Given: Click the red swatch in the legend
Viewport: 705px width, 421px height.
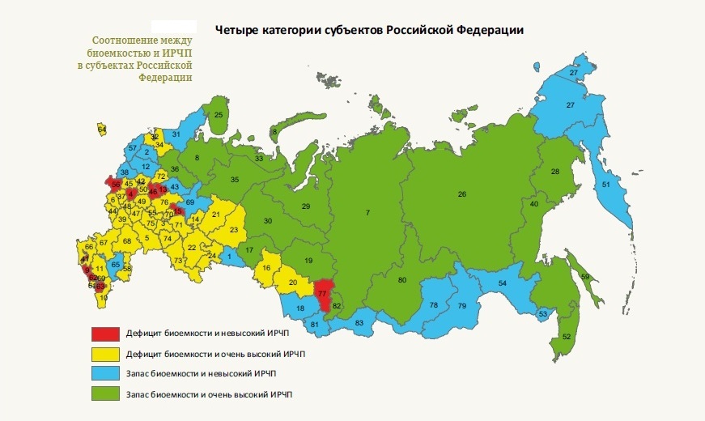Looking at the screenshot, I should [104, 334].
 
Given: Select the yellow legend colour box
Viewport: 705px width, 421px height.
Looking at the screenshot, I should [104, 354].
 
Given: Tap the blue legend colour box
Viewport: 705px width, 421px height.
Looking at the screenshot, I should [104, 374].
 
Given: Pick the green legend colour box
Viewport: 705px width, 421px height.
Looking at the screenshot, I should [104, 394].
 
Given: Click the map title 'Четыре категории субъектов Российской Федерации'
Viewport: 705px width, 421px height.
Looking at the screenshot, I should [371, 31].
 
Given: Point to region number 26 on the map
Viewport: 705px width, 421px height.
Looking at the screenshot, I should [462, 194].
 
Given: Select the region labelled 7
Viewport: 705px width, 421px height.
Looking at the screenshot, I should [367, 212].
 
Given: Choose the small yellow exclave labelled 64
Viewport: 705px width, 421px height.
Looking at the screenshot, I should [102, 129].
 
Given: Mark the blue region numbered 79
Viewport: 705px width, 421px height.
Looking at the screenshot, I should [462, 306].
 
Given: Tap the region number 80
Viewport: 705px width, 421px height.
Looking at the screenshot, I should [402, 280].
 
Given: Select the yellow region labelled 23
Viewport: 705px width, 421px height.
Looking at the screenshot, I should [234, 230].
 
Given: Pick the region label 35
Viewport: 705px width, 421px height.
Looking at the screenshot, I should [235, 179].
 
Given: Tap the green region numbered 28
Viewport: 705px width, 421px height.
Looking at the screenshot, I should [555, 172].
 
